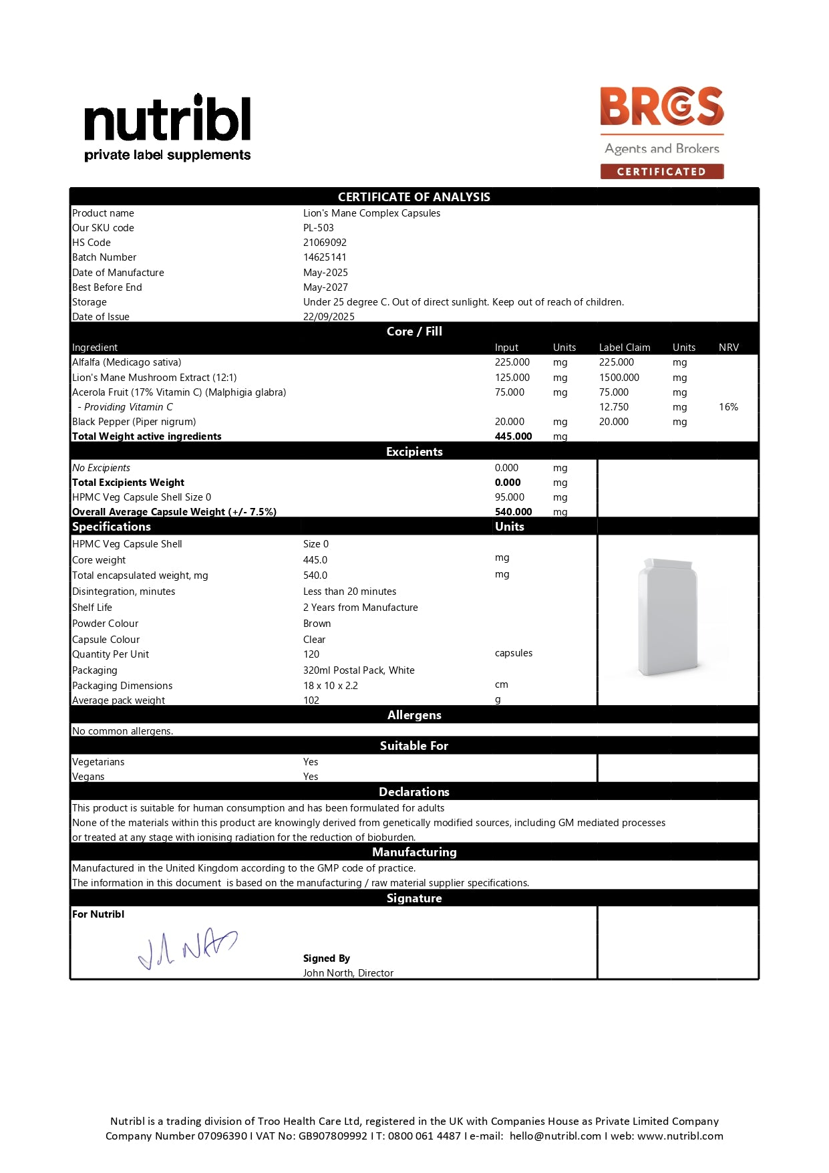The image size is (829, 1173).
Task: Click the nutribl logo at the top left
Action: (x=167, y=128)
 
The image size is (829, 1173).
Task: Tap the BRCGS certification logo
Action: (x=661, y=132)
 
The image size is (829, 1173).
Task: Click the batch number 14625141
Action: (x=325, y=257)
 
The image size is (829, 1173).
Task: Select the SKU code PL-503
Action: (x=318, y=228)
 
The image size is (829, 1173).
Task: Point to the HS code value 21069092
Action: (x=325, y=243)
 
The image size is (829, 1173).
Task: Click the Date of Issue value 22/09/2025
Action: (x=329, y=316)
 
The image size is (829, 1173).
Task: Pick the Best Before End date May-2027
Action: (x=325, y=287)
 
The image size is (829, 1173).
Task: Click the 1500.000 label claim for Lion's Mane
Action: (x=619, y=378)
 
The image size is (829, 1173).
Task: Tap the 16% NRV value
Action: (x=728, y=407)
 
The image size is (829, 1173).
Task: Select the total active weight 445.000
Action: (x=513, y=436)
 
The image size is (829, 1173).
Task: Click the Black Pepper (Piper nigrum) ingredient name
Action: (x=134, y=422)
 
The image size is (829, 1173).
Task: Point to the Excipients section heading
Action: (x=414, y=452)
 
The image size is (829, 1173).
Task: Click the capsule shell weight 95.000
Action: (x=509, y=497)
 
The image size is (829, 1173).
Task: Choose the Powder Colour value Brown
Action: (x=317, y=624)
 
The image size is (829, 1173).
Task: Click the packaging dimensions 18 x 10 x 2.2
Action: (x=330, y=686)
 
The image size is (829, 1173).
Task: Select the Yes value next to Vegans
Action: (x=311, y=777)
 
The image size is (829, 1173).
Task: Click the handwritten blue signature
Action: (x=187, y=948)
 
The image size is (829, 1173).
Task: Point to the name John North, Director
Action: (x=348, y=973)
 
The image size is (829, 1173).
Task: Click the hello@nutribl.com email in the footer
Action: (x=555, y=1136)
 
